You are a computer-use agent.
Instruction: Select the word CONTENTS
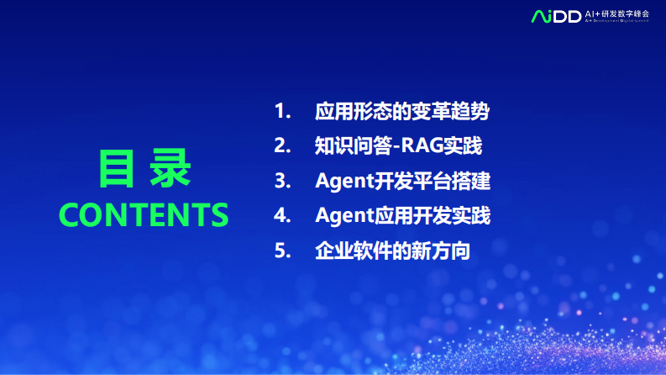144,214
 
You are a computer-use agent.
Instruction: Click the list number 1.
281,111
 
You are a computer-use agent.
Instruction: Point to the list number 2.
281,145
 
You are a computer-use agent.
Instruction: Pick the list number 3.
281,181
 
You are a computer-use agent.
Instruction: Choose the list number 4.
281,215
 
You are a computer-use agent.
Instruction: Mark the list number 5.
281,251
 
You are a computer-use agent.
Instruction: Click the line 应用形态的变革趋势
402,111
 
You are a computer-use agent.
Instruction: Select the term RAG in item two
422,145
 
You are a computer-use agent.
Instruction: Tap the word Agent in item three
343,181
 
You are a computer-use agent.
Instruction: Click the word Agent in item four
343,215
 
